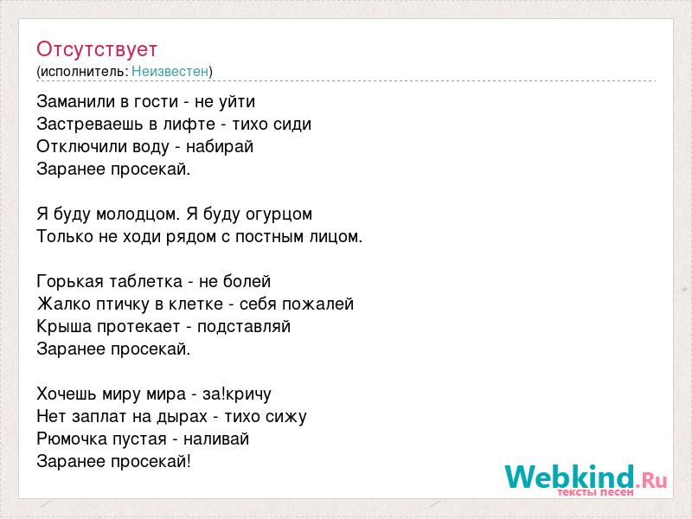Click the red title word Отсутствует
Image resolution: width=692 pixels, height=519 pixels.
point(97,49)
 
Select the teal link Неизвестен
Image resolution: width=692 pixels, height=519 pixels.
point(170,71)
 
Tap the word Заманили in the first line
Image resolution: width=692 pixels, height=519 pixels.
point(76,101)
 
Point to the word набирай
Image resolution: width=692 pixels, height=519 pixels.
point(220,146)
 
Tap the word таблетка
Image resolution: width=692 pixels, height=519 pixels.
point(145,282)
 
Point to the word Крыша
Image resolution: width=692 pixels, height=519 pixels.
point(65,327)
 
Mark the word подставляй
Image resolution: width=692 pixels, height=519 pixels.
point(244,327)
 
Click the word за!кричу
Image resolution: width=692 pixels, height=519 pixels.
point(237,394)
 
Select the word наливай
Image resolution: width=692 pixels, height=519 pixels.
point(216,439)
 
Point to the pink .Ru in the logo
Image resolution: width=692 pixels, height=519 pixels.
point(651,480)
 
